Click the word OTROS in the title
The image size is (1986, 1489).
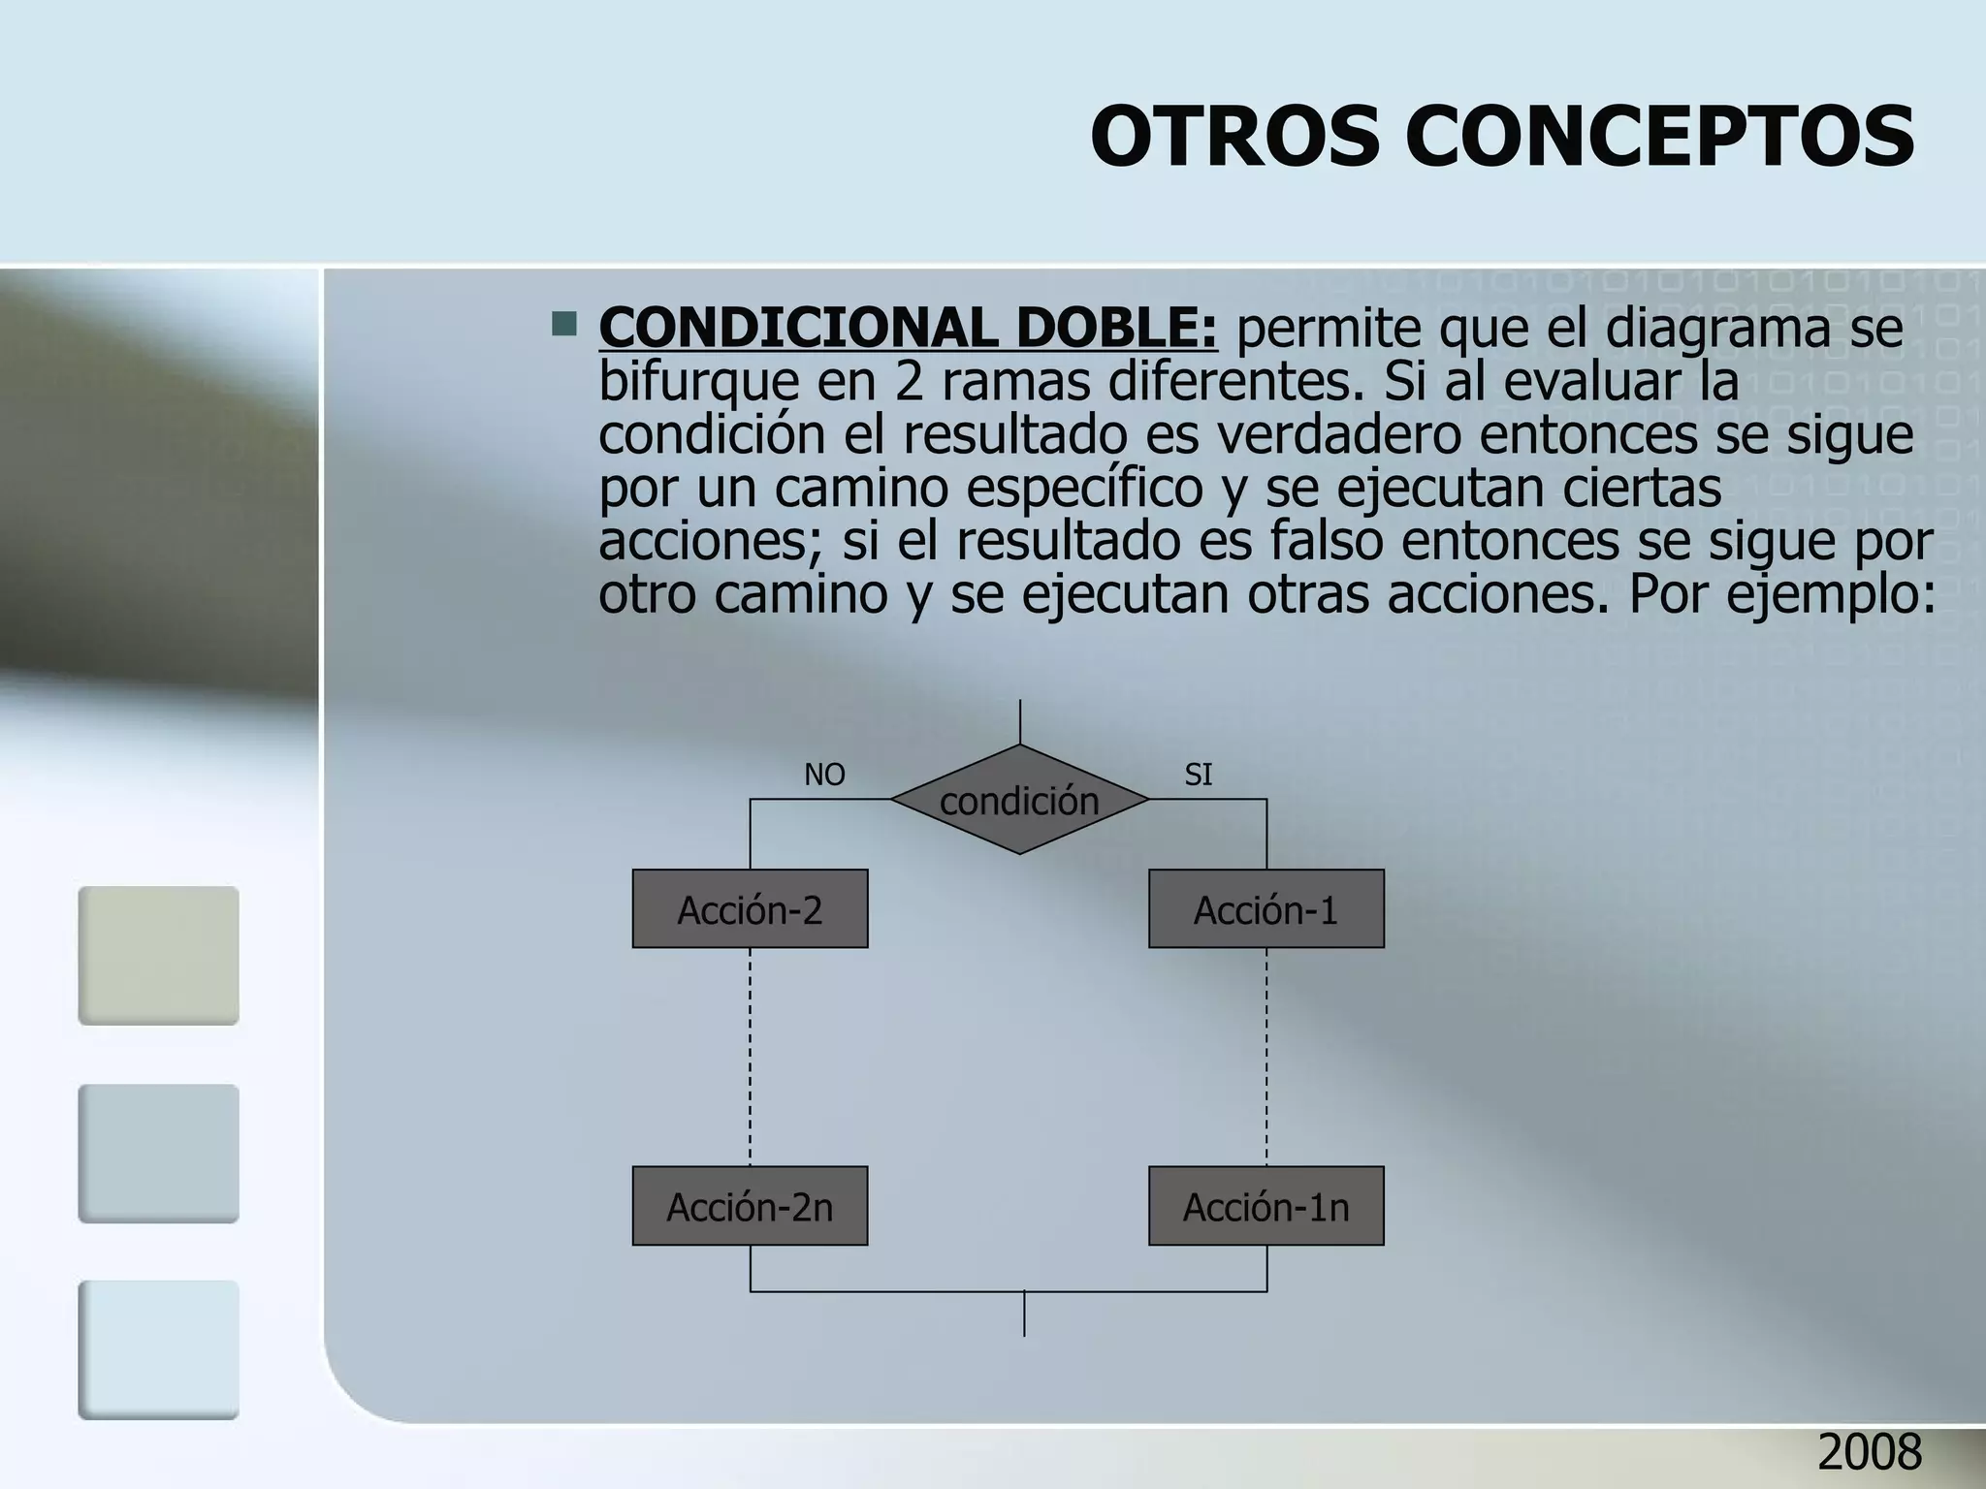1234,137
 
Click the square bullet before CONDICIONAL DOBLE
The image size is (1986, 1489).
563,324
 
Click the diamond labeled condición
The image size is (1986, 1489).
1019,801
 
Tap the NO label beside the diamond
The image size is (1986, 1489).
824,775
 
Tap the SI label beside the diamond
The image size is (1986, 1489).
1198,775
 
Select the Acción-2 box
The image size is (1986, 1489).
750,909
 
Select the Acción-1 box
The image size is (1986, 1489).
1265,909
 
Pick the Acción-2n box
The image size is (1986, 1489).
750,1206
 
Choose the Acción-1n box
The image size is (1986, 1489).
1265,1206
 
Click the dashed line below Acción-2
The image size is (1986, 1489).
751,1057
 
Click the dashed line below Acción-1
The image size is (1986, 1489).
1266,1057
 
